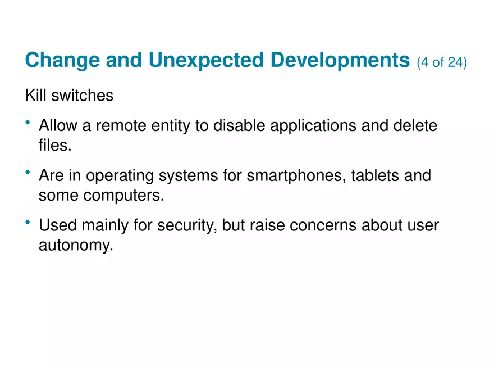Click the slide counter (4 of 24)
pos(442,62)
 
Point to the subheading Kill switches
pos(69,96)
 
